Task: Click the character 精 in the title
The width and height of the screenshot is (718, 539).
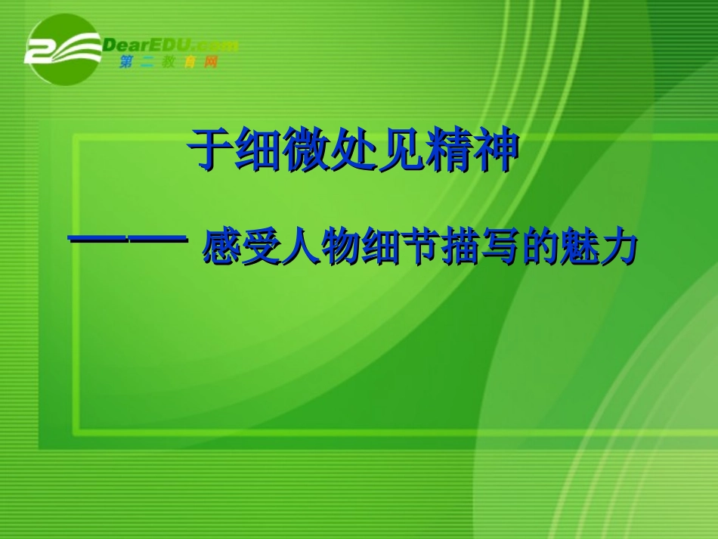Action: point(449,149)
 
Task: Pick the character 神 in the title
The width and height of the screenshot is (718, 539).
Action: point(497,149)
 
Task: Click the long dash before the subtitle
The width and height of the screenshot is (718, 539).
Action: point(128,240)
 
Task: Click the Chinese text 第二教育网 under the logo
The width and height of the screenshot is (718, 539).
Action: point(168,63)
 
